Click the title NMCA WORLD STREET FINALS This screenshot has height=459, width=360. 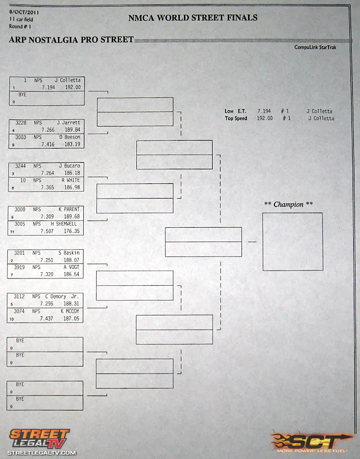pos(192,17)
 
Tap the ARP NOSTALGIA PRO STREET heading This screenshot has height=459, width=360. pos(71,39)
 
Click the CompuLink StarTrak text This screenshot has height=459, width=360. pos(314,47)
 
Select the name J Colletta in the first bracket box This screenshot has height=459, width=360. pos(67,80)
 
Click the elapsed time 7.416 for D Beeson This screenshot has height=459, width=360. pos(48,145)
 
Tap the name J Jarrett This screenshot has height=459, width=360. pos(69,123)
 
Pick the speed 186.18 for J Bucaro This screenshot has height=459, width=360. pos(73,173)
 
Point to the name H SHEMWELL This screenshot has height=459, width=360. pos(65,224)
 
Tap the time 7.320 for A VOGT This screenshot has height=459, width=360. pos(47,274)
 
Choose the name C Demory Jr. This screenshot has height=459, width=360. pos(61,296)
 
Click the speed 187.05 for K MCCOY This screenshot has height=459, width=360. pos(72,318)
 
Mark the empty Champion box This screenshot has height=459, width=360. pos(292,241)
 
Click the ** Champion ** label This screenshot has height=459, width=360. pos(289,204)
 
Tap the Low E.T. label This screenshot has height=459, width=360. pos(237,111)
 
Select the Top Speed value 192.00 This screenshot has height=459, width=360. pos(264,119)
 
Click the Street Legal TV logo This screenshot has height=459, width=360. pos(41,441)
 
